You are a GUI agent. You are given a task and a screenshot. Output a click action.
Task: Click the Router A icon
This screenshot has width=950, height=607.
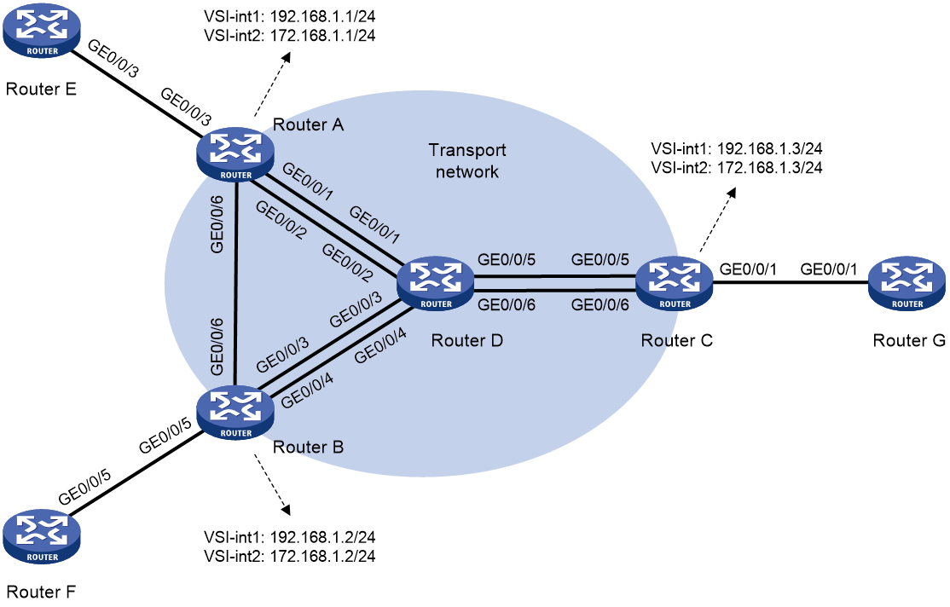[x=235, y=154]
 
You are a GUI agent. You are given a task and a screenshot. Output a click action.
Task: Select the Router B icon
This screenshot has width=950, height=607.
[x=235, y=413]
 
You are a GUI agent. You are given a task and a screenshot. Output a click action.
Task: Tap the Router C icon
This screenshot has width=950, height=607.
[x=675, y=284]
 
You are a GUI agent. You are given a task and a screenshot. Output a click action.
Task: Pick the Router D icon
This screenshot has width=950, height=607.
[x=435, y=284]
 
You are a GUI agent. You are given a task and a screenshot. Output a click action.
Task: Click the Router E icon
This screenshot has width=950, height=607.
[x=41, y=31]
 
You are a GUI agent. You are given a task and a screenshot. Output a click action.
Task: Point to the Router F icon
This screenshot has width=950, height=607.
[x=41, y=537]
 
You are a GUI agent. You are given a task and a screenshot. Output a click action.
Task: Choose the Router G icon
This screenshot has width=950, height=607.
[x=907, y=284]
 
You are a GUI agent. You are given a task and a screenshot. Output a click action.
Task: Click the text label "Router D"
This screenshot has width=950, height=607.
[x=466, y=340]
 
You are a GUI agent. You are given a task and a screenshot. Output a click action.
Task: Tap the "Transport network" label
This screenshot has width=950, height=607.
[x=467, y=160]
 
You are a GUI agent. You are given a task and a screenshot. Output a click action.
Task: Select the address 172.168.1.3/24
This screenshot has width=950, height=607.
[x=769, y=167]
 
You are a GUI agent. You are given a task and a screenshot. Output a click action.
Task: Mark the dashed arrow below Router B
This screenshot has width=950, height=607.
[x=273, y=483]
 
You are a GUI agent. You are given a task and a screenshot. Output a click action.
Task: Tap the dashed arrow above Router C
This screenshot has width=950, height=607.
[x=719, y=219]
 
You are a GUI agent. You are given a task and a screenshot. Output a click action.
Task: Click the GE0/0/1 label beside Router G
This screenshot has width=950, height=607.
[x=829, y=269]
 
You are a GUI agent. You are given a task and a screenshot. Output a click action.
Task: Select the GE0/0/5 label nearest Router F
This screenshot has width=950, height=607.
[x=84, y=487]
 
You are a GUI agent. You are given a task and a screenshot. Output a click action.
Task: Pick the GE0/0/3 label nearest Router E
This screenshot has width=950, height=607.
[x=113, y=58]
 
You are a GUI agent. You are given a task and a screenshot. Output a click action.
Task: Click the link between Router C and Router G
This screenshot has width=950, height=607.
[x=791, y=282]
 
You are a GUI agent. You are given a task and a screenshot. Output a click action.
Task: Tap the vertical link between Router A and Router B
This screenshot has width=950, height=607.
[x=235, y=284]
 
